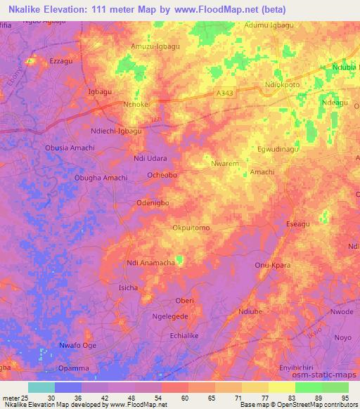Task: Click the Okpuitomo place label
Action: click(191, 228)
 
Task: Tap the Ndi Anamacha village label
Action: click(150, 263)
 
